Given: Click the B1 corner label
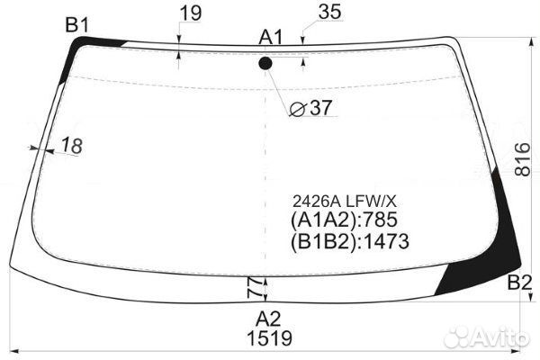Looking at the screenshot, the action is (x=77, y=25).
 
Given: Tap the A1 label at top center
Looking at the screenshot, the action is (x=271, y=37).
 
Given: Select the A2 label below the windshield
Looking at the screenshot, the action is (x=268, y=319).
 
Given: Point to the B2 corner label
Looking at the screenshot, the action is (x=519, y=283).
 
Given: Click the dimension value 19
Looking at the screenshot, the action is (x=191, y=13).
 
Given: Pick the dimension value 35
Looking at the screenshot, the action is (x=330, y=12).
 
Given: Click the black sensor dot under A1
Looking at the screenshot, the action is (x=265, y=64).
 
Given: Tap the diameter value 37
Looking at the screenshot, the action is (x=320, y=108).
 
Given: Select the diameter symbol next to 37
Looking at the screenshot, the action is (x=298, y=110).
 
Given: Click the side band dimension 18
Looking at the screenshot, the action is (x=72, y=146).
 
